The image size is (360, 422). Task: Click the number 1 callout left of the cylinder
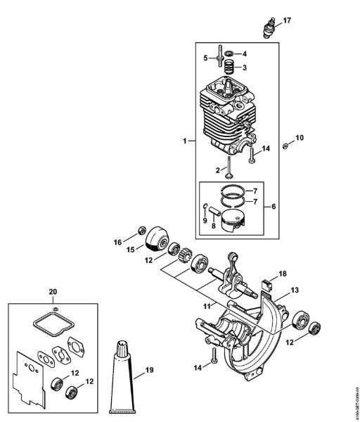click(x=184, y=141)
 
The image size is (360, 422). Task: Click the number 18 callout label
click(x=283, y=273)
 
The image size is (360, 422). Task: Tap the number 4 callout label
click(x=244, y=54)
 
